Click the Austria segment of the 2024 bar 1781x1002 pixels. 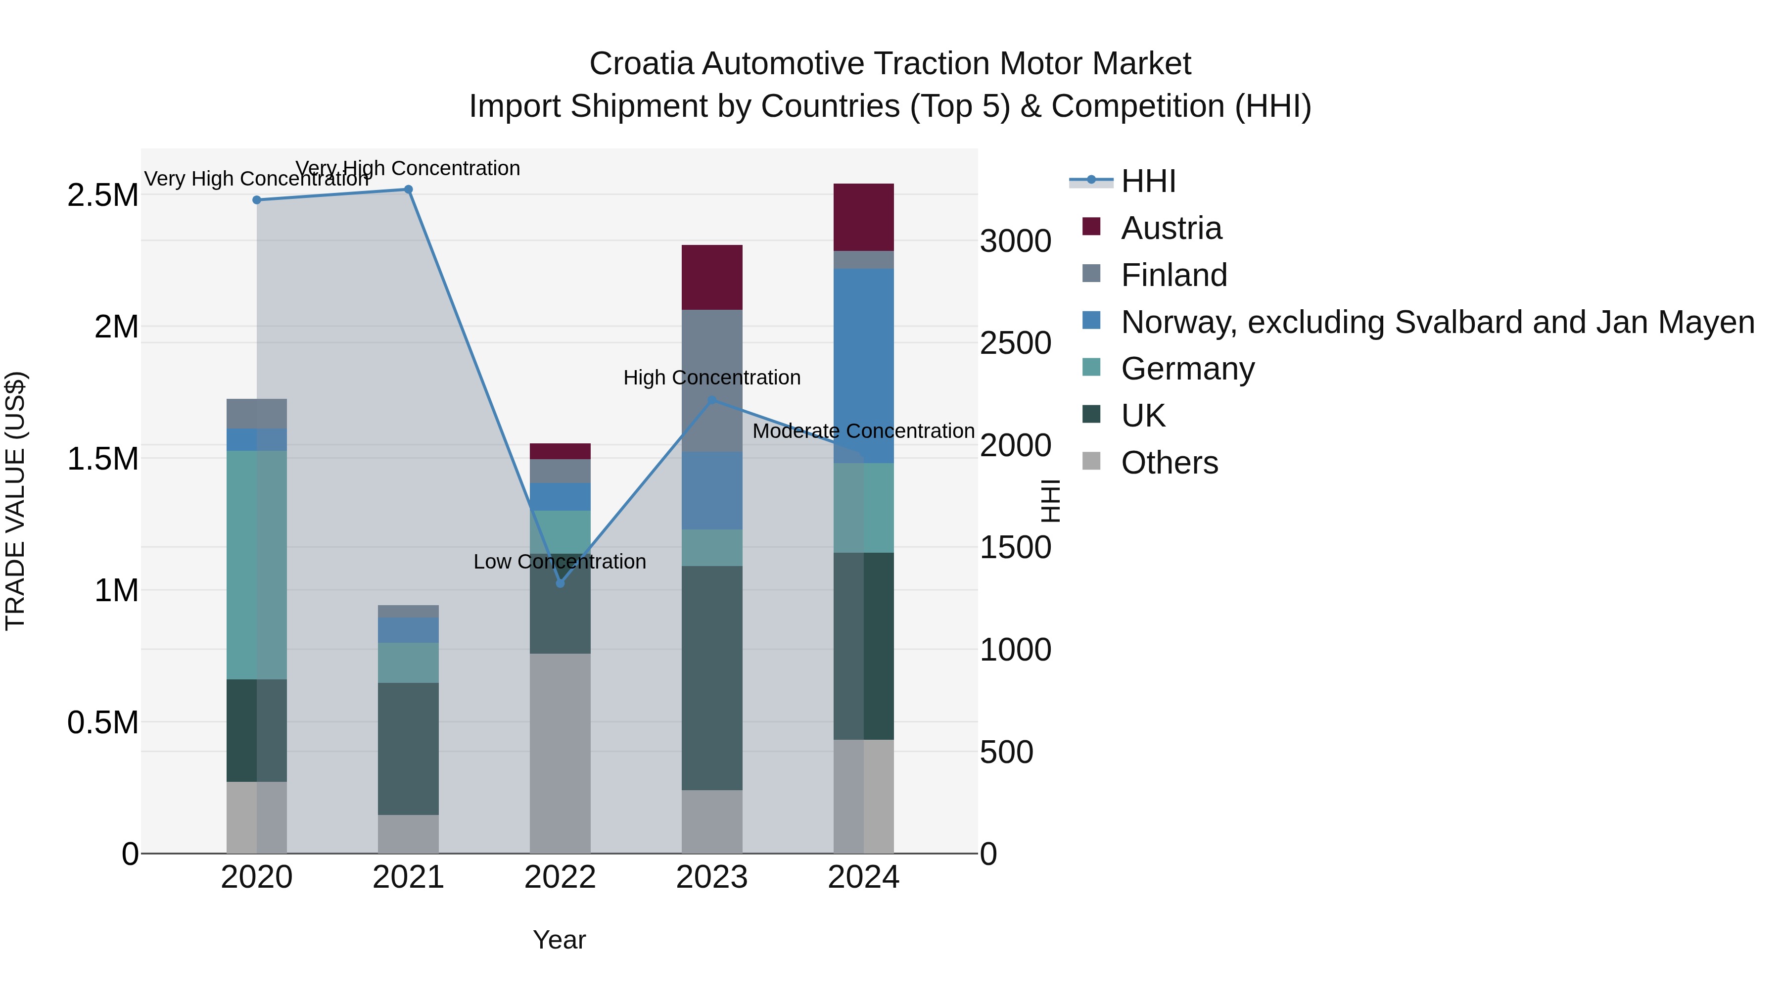863,217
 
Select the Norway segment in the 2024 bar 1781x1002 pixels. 863,365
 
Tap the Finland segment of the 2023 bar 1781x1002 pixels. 711,381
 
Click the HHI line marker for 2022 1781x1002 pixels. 560,584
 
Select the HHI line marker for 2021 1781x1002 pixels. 408,190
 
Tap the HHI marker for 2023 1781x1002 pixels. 711,400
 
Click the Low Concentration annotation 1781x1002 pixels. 560,562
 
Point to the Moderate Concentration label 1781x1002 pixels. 863,431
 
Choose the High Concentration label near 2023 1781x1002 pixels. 711,378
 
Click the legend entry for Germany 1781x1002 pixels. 1187,369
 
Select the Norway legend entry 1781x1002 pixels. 1437,322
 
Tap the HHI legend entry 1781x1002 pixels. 1148,181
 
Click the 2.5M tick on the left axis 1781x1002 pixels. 102,195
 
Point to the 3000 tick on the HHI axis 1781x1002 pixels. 1015,241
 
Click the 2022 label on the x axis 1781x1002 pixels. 560,877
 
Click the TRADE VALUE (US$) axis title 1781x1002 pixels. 15,501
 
